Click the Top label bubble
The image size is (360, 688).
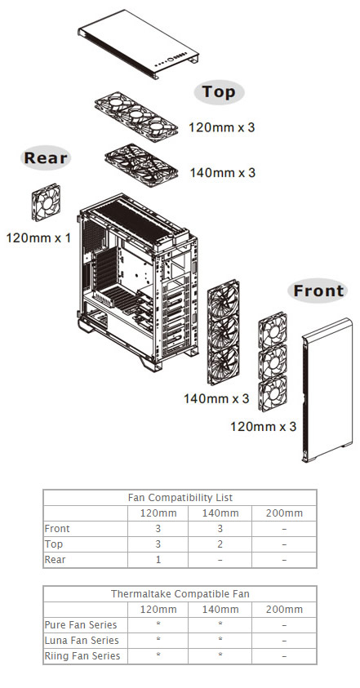click(x=218, y=92)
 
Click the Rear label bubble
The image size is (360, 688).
click(x=47, y=158)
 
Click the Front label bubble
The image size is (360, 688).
click(x=318, y=291)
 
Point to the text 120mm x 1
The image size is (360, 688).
click(x=38, y=238)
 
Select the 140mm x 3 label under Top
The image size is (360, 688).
click(x=222, y=172)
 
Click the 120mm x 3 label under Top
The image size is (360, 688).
click(x=222, y=127)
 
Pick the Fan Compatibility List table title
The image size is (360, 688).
click(x=180, y=497)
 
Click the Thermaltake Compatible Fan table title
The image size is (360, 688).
click(x=180, y=593)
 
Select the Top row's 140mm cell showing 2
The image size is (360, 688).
click(x=220, y=544)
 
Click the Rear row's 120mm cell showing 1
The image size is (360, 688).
click(x=158, y=559)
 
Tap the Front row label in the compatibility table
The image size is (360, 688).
click(x=58, y=528)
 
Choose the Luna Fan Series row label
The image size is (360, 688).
click(x=82, y=641)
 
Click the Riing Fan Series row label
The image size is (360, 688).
click(x=82, y=656)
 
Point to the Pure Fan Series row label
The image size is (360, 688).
click(x=82, y=625)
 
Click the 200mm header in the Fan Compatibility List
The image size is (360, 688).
click(x=283, y=513)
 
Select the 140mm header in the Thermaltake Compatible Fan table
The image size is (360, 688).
click(x=220, y=609)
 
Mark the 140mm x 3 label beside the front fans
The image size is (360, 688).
click(x=216, y=398)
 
